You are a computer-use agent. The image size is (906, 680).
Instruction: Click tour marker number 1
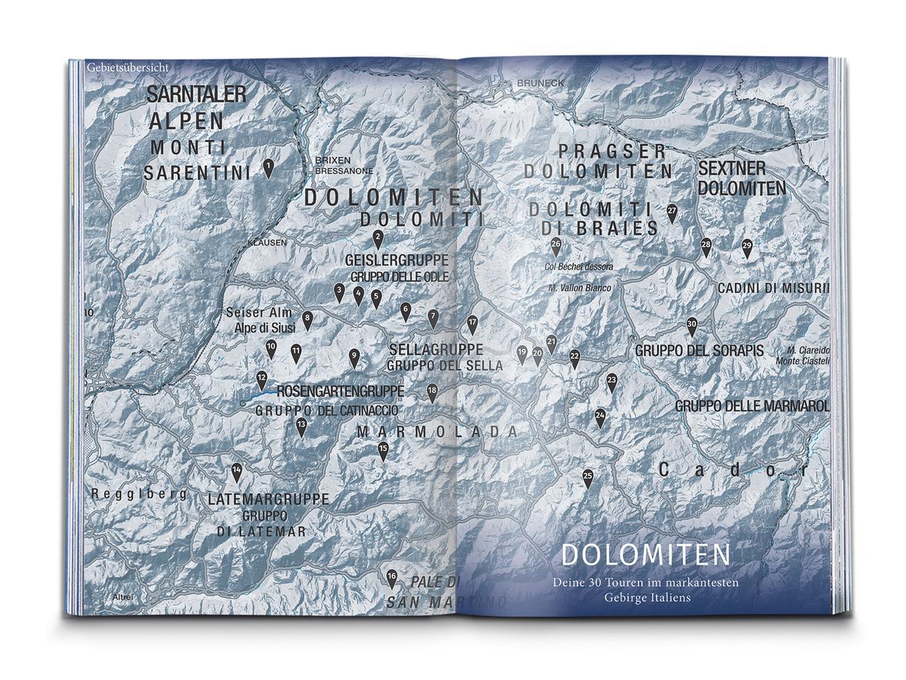269,167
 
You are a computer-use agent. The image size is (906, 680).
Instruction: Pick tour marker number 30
692,326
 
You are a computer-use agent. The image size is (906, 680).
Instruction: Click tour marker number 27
672,212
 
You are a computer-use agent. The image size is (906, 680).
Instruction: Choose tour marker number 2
378,238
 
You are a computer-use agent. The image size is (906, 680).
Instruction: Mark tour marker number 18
432,392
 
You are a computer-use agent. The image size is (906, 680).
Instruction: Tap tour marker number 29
747,248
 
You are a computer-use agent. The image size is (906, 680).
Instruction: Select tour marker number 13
301,426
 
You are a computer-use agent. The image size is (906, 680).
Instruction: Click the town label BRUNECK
541,83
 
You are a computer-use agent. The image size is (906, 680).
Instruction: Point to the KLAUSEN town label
267,242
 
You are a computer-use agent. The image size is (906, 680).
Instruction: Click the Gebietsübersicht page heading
127,67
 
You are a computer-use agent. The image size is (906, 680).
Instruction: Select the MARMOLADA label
437,432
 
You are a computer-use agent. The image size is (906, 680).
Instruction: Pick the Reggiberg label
139,494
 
